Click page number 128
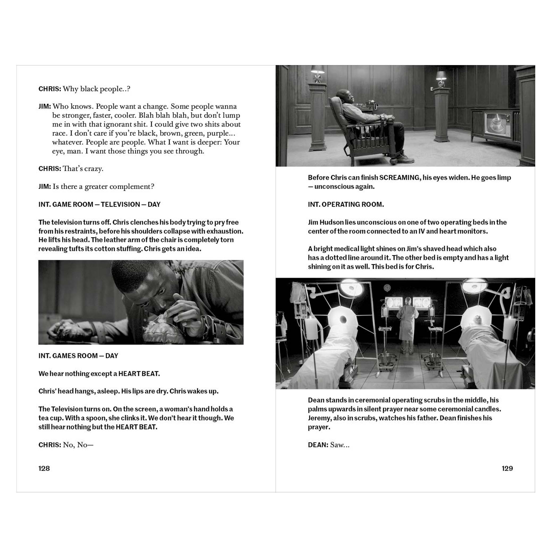point(44,468)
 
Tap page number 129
point(507,468)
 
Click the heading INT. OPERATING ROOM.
point(346,205)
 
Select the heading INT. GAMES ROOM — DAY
point(78,356)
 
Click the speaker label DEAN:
point(318,445)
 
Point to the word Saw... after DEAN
point(340,445)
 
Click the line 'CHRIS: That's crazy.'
point(71,169)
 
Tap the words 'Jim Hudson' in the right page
point(325,222)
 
